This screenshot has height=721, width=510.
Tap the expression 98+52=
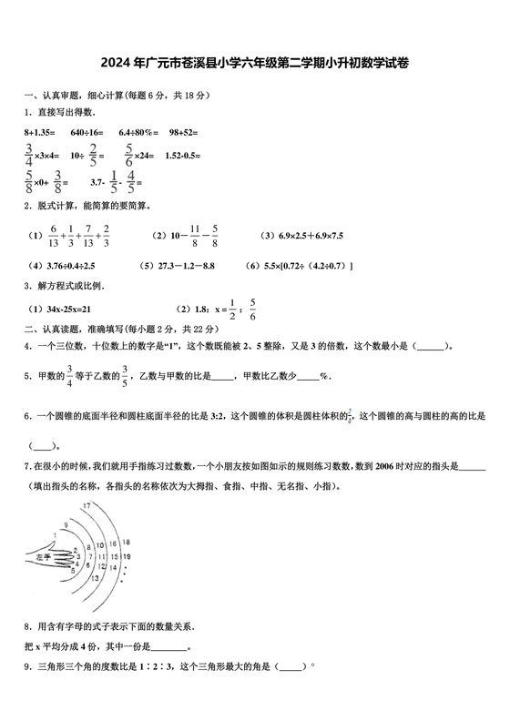(x=183, y=132)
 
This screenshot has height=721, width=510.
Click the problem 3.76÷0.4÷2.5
(x=62, y=265)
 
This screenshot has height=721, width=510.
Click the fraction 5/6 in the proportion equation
(x=252, y=308)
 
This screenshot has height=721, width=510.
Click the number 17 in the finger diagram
(x=86, y=504)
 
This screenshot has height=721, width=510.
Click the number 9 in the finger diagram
(x=66, y=524)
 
